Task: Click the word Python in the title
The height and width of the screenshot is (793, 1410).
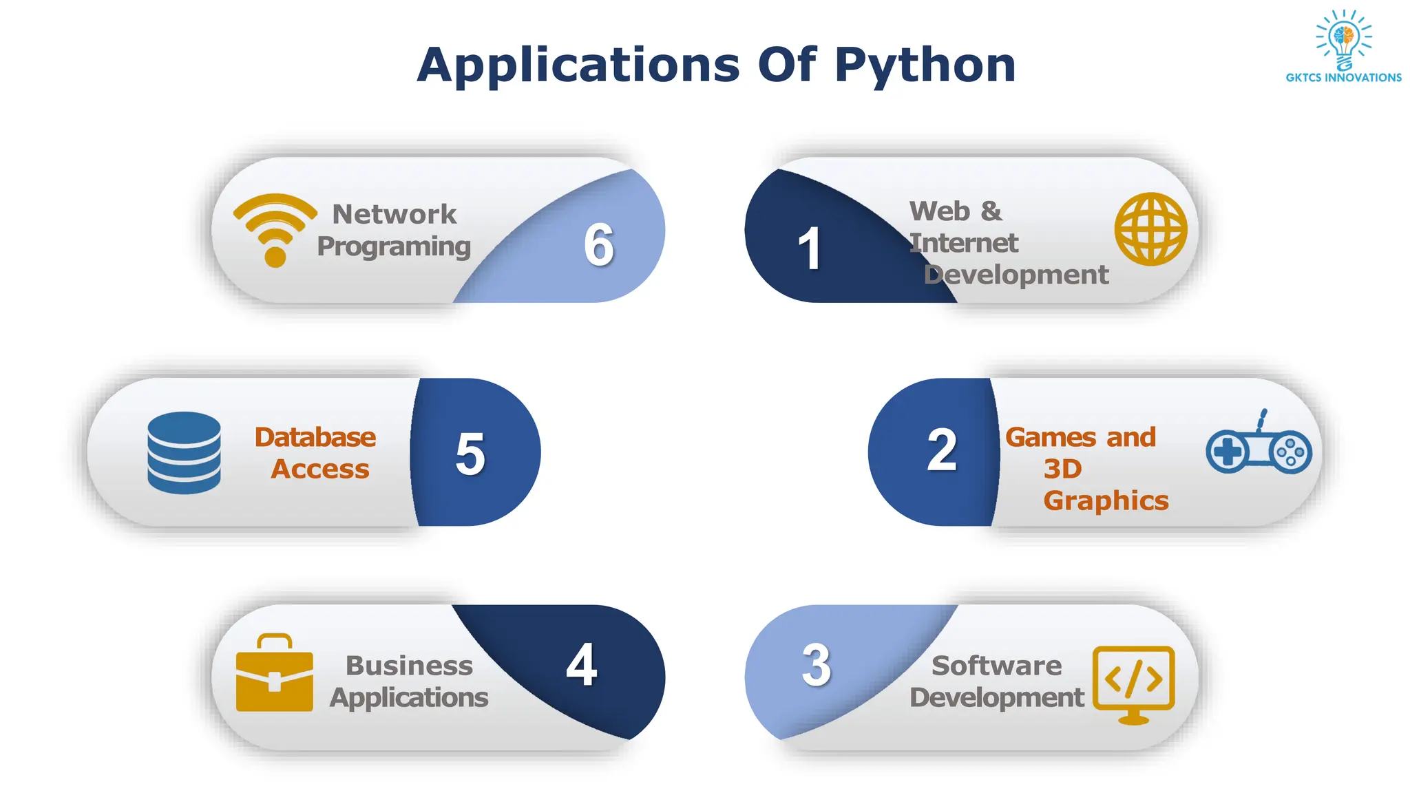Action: tap(925, 66)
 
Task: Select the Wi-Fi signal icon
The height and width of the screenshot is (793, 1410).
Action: tap(275, 229)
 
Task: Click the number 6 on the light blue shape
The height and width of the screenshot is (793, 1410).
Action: tap(599, 244)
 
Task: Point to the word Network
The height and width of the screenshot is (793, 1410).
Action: tap(394, 214)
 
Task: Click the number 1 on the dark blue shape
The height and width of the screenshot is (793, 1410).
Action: tap(809, 249)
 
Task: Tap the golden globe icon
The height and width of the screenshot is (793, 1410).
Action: tap(1150, 229)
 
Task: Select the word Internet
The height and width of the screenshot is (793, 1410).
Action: tap(963, 243)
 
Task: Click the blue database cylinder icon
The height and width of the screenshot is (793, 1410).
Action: tap(184, 452)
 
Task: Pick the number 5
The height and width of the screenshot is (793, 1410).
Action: tap(470, 454)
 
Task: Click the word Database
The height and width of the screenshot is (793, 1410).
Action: tap(315, 437)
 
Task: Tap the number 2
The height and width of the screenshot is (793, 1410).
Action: tap(942, 450)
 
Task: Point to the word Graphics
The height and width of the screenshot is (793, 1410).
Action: tap(1106, 500)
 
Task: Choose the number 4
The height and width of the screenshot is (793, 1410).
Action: tap(582, 665)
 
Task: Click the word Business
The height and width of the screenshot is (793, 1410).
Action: tap(409, 666)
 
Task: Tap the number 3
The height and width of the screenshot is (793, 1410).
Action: tap(817, 665)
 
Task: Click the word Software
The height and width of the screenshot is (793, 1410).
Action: tap(996, 666)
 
